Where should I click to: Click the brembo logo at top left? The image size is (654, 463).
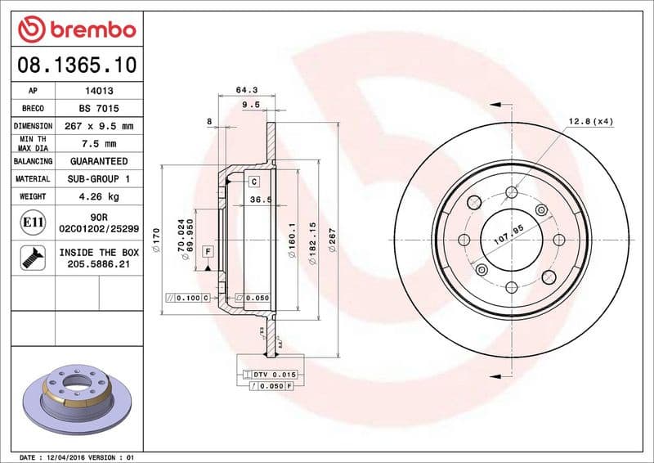76,29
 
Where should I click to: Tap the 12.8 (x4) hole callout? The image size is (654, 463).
590,122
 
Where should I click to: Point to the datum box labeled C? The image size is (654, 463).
254,181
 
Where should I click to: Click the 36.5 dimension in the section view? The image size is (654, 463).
260,199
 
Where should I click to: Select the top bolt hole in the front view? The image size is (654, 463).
512,192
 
